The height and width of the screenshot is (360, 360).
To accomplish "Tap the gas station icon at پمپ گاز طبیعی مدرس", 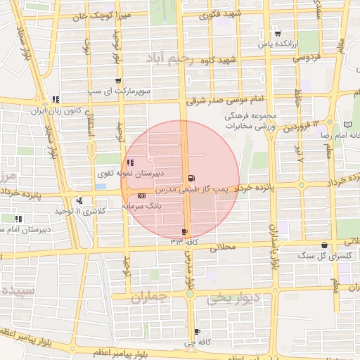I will [x=193, y=178].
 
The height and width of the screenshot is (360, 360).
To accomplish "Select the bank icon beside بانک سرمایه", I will [x=142, y=195].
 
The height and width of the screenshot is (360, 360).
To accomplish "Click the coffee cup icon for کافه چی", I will [x=197, y=331].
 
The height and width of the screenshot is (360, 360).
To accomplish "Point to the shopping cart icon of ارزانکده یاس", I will [x=278, y=33].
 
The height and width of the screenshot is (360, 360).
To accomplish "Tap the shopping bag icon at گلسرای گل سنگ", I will [x=323, y=245].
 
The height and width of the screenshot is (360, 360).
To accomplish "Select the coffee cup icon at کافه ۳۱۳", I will [x=185, y=231].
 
